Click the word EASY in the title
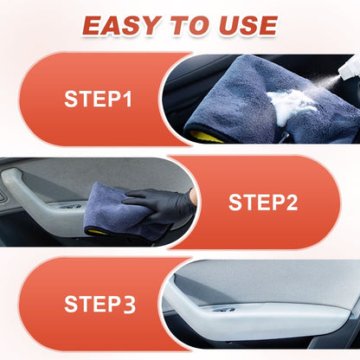tap(121, 26)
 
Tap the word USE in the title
tap(248, 26)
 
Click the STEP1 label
tap(98, 99)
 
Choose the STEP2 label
tap(263, 202)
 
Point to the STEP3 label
tap(100, 304)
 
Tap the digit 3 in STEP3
tap(129, 305)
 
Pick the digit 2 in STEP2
tap(291, 202)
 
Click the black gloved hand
tap(160, 204)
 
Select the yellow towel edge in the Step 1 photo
tap(205, 136)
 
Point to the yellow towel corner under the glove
tap(97, 232)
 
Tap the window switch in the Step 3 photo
tap(223, 310)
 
